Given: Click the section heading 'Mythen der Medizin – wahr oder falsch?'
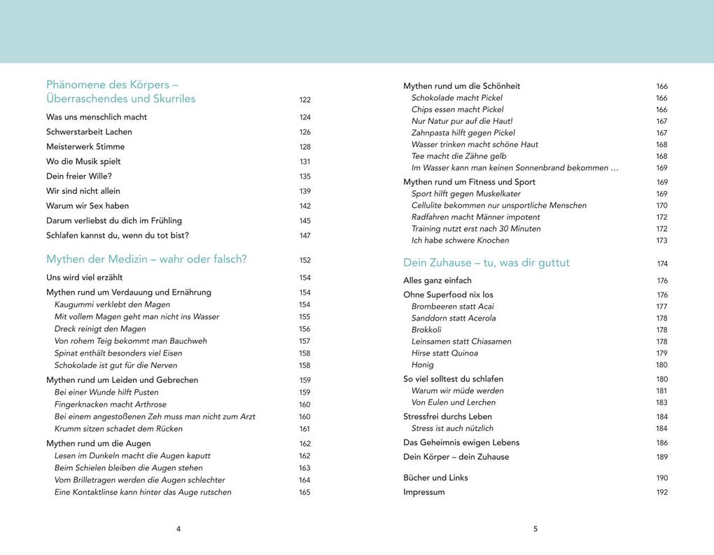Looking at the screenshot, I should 146,260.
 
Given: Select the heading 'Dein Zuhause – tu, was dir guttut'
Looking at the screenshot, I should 486,263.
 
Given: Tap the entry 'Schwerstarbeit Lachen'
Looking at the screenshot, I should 89,132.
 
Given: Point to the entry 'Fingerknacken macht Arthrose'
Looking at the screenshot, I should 111,405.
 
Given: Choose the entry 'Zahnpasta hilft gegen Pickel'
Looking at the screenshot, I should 463,133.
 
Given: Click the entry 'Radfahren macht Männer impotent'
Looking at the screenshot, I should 475,217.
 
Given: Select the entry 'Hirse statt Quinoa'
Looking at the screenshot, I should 444,353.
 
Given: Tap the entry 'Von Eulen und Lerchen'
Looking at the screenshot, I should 453,402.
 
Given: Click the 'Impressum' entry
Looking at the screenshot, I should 423,492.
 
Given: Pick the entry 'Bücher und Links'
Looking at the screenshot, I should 435,478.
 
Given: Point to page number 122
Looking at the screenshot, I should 304,100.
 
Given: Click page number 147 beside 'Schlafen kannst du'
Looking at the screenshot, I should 304,236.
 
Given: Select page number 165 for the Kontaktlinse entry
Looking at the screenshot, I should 304,493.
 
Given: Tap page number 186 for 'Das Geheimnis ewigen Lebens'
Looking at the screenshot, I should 661,443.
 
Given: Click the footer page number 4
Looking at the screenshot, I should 178,529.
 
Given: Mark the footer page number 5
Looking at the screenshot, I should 535,529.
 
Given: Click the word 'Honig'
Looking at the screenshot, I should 422,365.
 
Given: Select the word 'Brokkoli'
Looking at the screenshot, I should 426,330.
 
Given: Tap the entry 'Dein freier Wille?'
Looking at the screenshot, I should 79,176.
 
